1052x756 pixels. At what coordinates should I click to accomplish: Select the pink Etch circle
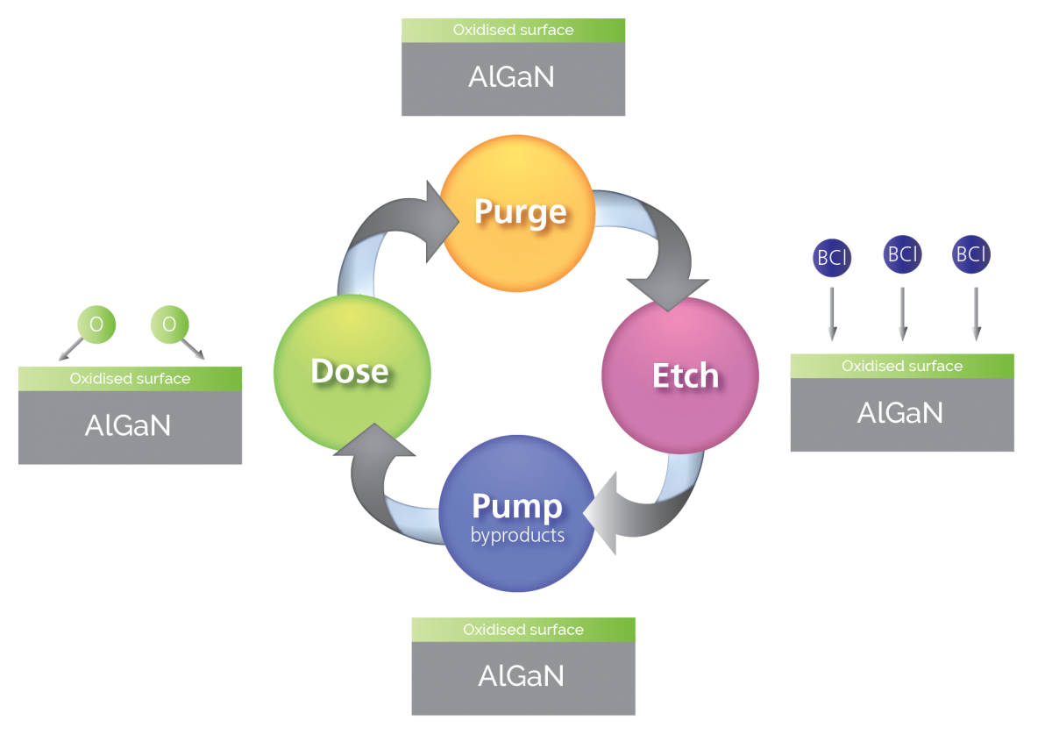[x=680, y=375]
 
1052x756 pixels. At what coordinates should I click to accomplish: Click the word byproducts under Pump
[x=517, y=535]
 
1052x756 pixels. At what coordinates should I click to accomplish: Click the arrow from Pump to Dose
[x=377, y=474]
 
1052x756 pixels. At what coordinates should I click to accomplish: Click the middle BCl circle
[x=902, y=255]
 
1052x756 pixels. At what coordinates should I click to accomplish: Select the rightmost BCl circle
[x=971, y=255]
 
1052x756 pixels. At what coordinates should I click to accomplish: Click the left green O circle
[x=96, y=325]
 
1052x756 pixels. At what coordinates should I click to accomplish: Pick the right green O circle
[x=169, y=325]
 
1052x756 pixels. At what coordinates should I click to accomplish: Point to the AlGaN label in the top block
[x=512, y=77]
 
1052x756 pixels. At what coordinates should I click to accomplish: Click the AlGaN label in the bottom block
[x=522, y=676]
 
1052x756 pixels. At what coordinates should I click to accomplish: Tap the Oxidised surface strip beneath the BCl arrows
[x=902, y=367]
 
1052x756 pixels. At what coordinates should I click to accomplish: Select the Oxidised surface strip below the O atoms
[x=130, y=379]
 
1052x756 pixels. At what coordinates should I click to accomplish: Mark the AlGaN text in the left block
[x=128, y=425]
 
